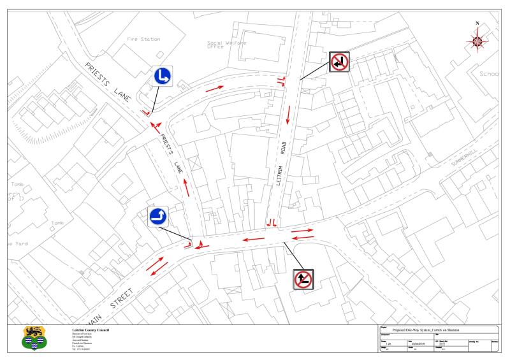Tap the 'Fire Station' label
143,39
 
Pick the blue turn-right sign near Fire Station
163,76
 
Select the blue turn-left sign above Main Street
158,217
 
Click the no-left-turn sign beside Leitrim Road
339,62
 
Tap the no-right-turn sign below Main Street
303,279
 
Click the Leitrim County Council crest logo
30,337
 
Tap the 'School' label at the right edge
489,73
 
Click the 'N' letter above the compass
477,24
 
